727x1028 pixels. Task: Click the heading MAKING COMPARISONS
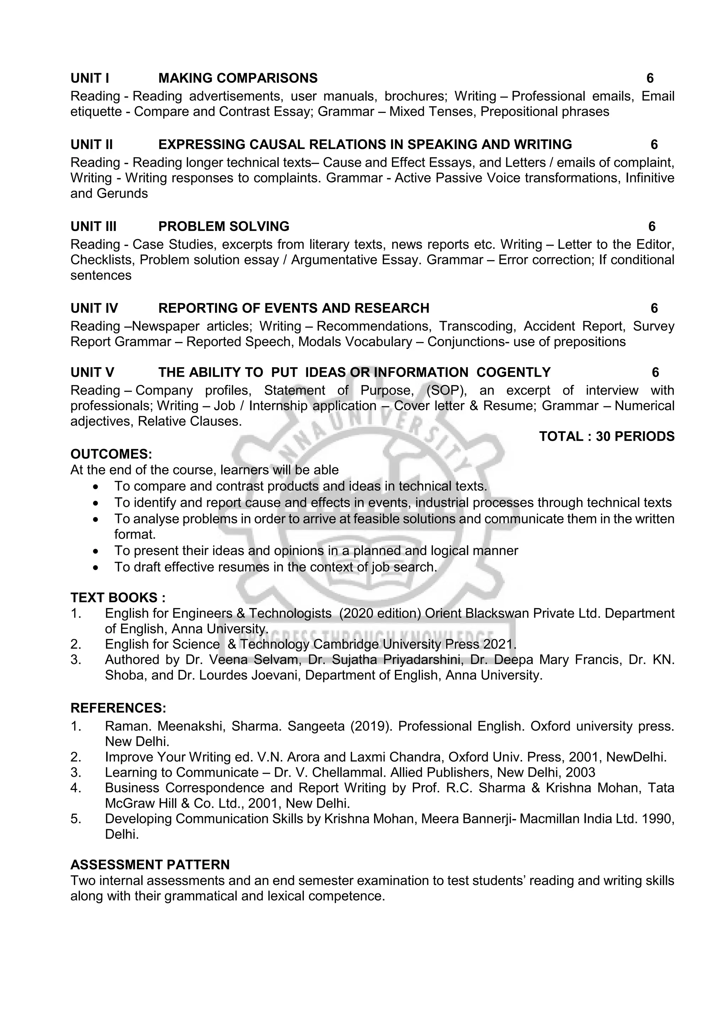[238, 78]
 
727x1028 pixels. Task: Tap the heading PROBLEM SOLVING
[224, 226]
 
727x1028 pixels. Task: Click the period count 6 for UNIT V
[655, 373]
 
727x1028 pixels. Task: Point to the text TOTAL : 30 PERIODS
[607, 436]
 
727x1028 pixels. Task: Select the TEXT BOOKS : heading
[118, 598]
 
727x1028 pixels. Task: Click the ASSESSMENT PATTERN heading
[150, 864]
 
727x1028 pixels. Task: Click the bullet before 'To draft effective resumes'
[95, 567]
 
